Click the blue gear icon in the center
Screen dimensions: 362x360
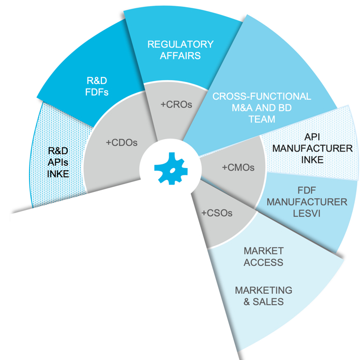171,168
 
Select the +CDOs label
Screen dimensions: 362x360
122,142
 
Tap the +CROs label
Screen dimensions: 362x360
176,104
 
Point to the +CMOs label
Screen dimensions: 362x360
238,168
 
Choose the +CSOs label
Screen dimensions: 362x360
217,213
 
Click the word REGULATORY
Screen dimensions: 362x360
180,44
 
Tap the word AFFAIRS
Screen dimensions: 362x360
180,56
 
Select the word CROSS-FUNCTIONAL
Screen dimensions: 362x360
262,96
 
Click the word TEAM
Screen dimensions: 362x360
262,119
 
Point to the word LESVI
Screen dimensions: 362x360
307,214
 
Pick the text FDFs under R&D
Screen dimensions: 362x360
97,92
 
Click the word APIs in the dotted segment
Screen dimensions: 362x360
58,162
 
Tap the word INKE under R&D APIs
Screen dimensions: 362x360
58,174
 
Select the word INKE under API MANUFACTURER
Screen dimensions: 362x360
312,159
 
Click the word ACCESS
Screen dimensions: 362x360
263,262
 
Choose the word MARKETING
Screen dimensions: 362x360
264,290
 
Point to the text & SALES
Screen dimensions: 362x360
264,302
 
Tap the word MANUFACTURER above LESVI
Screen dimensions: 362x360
307,202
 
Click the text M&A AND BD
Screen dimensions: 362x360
262,108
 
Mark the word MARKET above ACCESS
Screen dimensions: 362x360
264,251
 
